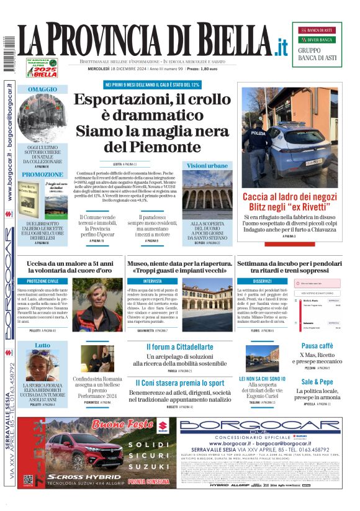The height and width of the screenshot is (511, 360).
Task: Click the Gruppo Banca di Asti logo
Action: point(317,44)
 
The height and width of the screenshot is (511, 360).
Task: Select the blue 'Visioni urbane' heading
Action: point(207,166)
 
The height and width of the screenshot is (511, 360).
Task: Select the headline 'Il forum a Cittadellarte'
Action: point(179,347)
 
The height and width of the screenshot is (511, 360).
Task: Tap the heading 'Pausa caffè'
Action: point(317,346)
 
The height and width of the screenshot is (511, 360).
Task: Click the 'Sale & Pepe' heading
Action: point(317,382)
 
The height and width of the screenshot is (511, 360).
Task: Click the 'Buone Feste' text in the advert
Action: point(123,425)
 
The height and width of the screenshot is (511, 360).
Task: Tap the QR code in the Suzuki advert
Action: point(28,479)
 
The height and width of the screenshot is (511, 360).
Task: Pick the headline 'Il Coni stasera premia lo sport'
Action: point(179,383)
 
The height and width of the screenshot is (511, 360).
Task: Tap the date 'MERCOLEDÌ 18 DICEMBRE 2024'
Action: point(109,68)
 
